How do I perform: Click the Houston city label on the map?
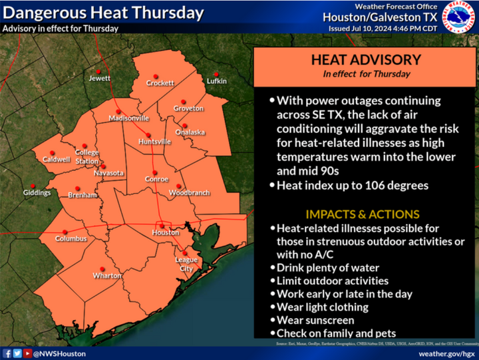[x=165, y=233]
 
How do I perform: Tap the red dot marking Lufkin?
[x=216, y=74]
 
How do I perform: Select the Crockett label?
[x=160, y=83]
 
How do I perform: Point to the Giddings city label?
[x=37, y=193]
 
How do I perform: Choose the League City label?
[x=184, y=264]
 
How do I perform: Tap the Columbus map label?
[x=71, y=238]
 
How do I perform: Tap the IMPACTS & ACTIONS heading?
[x=362, y=214]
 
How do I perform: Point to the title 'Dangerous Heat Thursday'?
[x=103, y=13]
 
